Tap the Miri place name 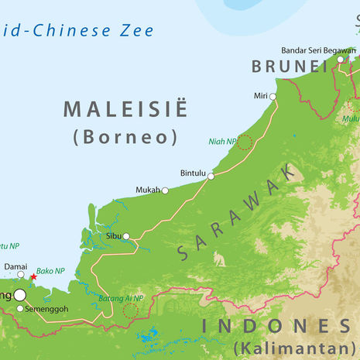[x=259, y=96]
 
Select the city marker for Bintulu [x=211, y=176]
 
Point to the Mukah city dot [x=165, y=190]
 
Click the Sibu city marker [x=126, y=236]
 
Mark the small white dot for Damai [x=21, y=274]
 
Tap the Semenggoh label [x=47, y=309]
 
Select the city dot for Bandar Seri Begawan [x=340, y=60]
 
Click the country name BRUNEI [x=290, y=67]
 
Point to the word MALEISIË [x=125, y=109]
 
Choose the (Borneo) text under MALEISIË [x=125, y=137]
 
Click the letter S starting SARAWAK [x=183, y=252]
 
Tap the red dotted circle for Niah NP [x=245, y=142]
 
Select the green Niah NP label [x=221, y=142]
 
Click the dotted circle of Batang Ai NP [x=130, y=310]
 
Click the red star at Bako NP [x=33, y=276]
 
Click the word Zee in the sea [x=136, y=32]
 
